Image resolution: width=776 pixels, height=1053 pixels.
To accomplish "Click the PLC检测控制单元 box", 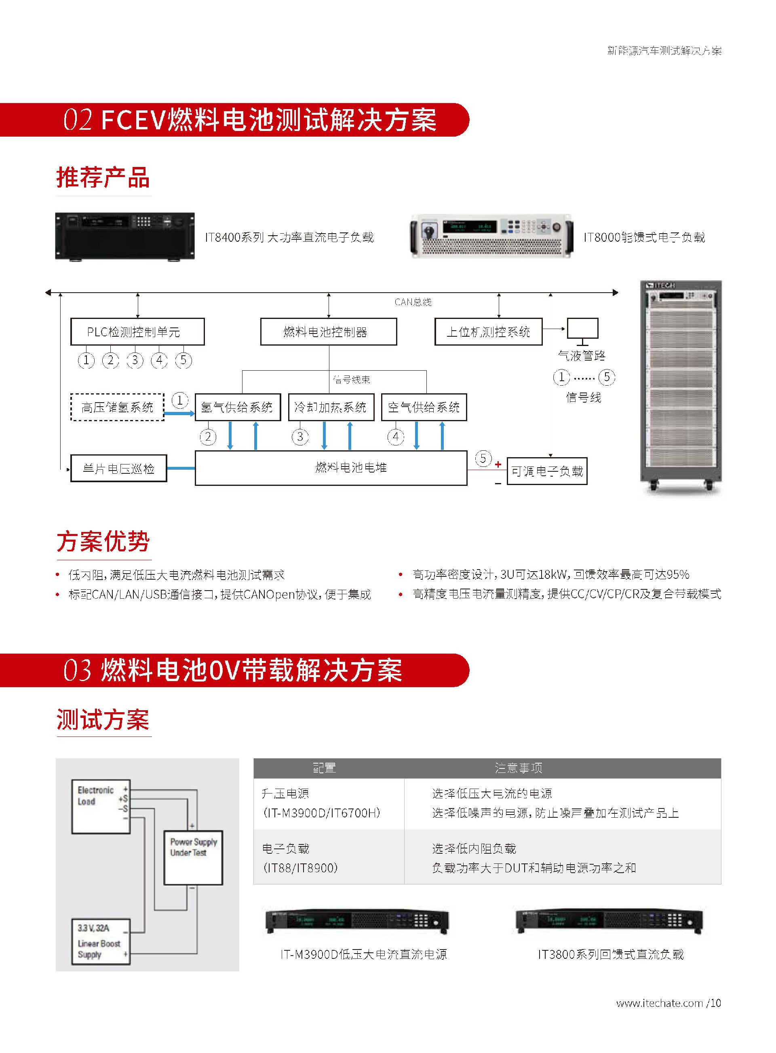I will [137, 332].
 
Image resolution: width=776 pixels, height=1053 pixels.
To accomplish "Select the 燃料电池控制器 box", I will [328, 332].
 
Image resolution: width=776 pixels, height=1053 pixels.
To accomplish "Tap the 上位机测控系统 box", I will [488, 332].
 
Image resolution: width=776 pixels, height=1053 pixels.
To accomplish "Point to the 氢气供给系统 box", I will [237, 407].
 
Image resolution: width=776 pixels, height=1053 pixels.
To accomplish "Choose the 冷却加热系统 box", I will [331, 407].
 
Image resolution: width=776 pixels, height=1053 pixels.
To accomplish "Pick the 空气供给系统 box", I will [424, 407].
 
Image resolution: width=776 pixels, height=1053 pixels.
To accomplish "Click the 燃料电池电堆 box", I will [331, 468].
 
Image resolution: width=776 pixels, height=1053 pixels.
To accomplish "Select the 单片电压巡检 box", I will [118, 468].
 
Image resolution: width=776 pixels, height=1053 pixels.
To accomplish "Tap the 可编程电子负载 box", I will [547, 471].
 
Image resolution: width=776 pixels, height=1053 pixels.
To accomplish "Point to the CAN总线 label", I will [412, 302].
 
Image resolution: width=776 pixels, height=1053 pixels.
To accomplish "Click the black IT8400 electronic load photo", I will [125, 236].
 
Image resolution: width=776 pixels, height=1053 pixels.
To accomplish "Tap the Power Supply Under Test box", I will [193, 858].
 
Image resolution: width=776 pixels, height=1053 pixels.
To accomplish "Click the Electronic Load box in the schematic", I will [101, 806].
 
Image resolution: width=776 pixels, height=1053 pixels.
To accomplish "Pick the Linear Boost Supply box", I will [101, 941].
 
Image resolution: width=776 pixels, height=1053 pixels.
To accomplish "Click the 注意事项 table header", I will [519, 768].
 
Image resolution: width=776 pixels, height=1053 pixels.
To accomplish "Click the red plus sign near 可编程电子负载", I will [498, 464].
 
